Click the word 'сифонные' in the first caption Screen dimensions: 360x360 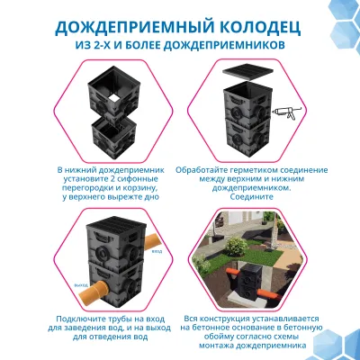coord(122,178)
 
